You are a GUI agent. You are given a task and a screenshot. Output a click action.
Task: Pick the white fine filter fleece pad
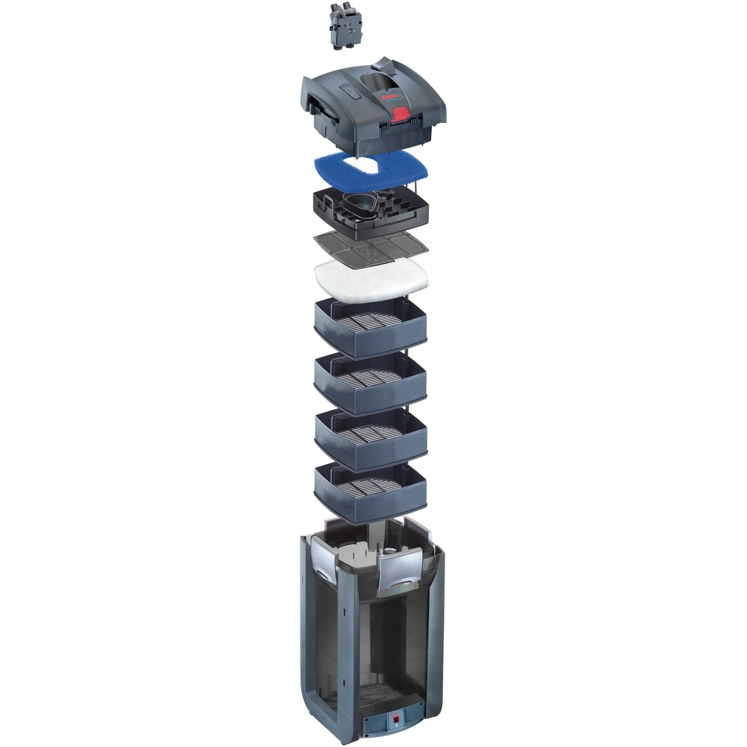[371, 278]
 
